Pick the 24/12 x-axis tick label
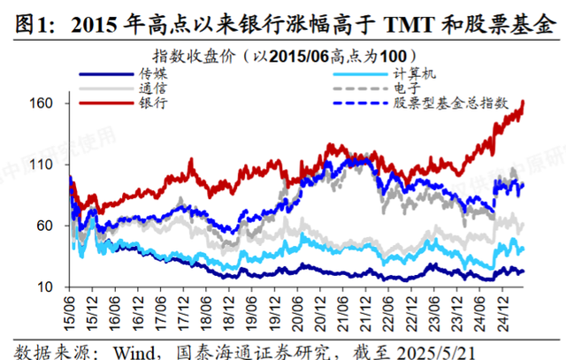coord(501,312)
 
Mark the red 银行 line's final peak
coord(524,102)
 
